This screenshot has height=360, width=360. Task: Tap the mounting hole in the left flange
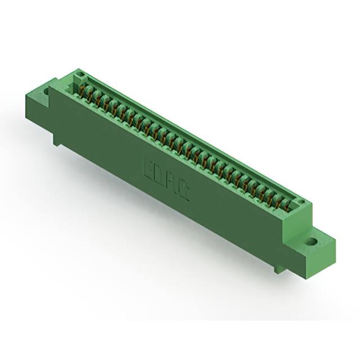coord(46,89)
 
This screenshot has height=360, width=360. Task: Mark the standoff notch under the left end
coord(57,139)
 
